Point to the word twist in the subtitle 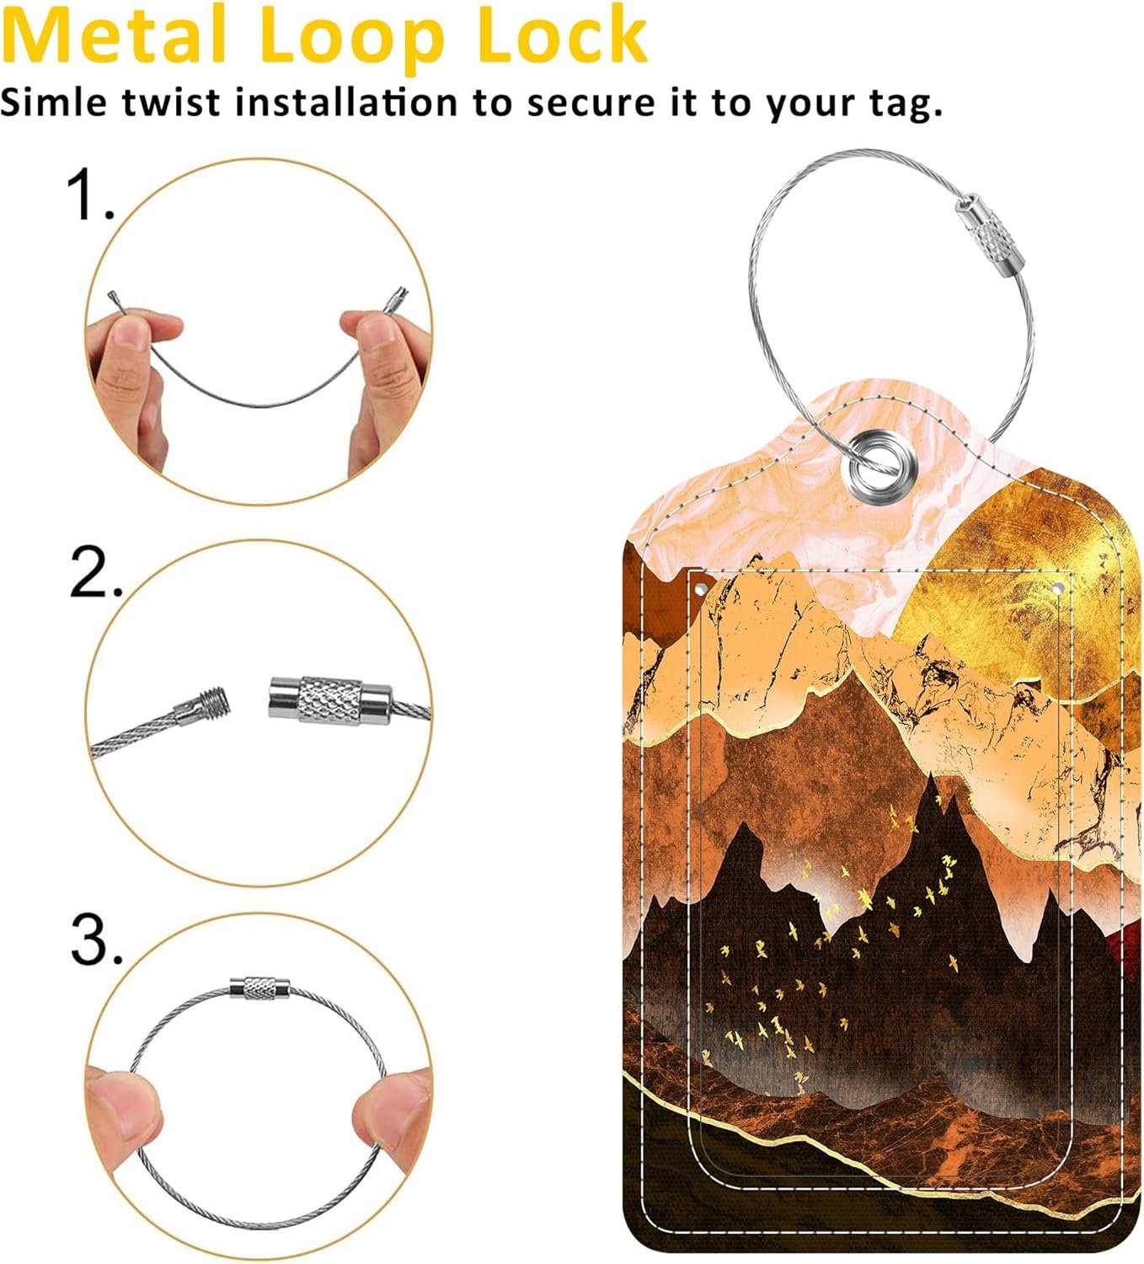pyautogui.click(x=171, y=104)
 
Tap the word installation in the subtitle pyautogui.click(x=346, y=103)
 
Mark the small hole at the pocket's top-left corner pyautogui.click(x=700, y=589)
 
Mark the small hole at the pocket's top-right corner pyautogui.click(x=1058, y=588)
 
